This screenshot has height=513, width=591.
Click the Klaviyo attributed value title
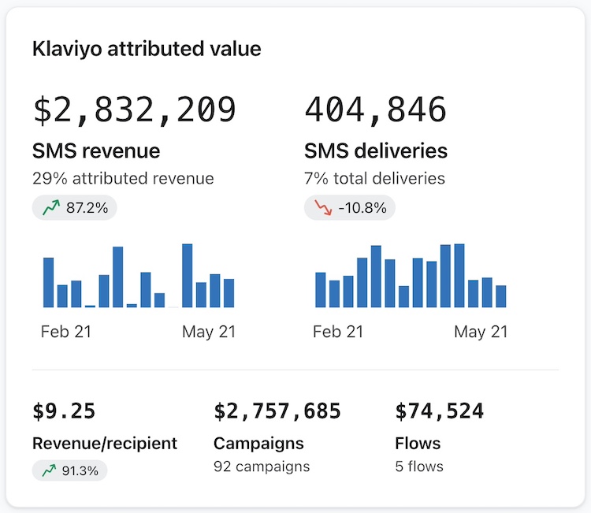(x=147, y=49)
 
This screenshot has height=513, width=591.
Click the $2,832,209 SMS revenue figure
(x=135, y=110)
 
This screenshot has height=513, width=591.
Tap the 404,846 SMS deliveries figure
(x=375, y=110)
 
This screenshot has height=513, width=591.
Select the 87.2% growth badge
(x=75, y=208)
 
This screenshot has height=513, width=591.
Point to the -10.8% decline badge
(x=349, y=208)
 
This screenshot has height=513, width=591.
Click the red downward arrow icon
(x=322, y=208)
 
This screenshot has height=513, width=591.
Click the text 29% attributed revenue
(x=123, y=178)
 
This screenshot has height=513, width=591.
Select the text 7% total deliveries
(x=374, y=178)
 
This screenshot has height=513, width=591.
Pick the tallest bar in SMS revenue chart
(x=188, y=275)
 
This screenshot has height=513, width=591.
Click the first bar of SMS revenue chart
(x=48, y=282)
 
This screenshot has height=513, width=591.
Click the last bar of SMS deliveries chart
(x=501, y=296)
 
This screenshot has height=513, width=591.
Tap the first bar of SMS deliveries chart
(x=321, y=289)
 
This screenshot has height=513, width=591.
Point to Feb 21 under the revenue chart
(x=66, y=332)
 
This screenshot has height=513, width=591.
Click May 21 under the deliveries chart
(x=481, y=332)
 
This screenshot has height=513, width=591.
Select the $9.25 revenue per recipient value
(x=64, y=411)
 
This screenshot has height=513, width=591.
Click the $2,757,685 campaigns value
(x=277, y=411)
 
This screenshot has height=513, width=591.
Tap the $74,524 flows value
(x=440, y=411)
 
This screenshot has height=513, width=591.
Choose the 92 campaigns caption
(x=262, y=467)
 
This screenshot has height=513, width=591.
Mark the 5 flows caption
(x=419, y=467)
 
